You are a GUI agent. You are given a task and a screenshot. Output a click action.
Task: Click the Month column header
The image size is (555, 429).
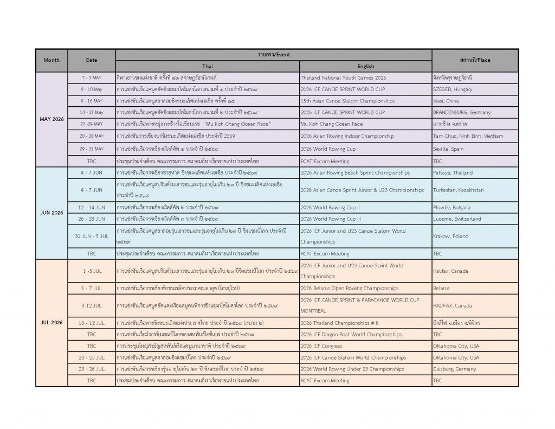coord(51,60)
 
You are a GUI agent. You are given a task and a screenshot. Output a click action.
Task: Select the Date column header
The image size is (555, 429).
coord(91,60)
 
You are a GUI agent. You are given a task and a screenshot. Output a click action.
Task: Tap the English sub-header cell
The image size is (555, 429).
coord(365,66)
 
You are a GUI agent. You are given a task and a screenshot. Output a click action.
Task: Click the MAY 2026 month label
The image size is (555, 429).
coord(51,119)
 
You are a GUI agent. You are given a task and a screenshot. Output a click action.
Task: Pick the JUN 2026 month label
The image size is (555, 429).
coord(51,213)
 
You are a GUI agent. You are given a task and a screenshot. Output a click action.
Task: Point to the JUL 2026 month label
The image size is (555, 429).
coord(51,323)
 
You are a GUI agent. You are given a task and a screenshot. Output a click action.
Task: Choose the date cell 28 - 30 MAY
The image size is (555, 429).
coord(91,136)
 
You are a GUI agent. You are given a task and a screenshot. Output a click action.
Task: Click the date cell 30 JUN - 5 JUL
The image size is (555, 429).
coord(91,236)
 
